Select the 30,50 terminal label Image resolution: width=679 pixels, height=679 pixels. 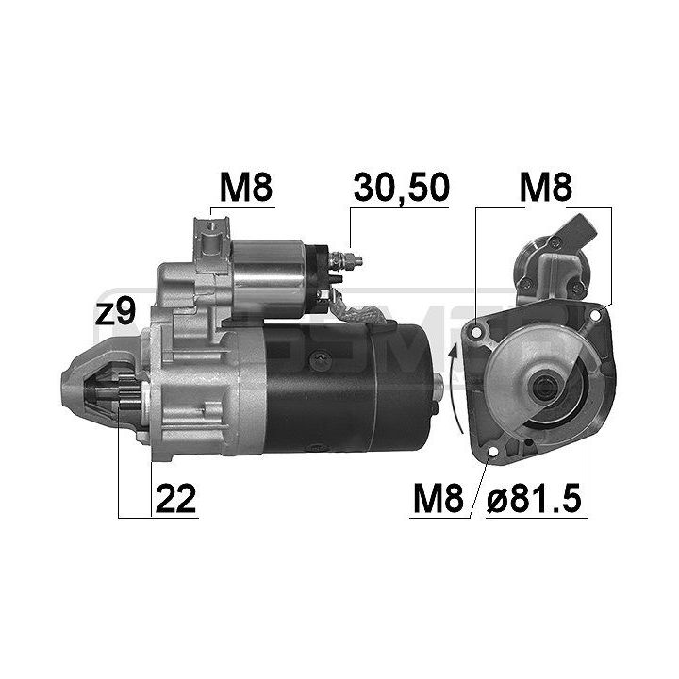[x=400, y=189]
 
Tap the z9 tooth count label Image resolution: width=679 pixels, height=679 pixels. [x=117, y=313]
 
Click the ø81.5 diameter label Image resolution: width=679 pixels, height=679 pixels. [x=534, y=500]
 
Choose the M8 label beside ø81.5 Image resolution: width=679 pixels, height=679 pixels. [x=439, y=500]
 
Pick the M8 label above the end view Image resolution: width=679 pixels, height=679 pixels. [x=547, y=189]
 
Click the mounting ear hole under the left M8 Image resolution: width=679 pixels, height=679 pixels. [x=209, y=227]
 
